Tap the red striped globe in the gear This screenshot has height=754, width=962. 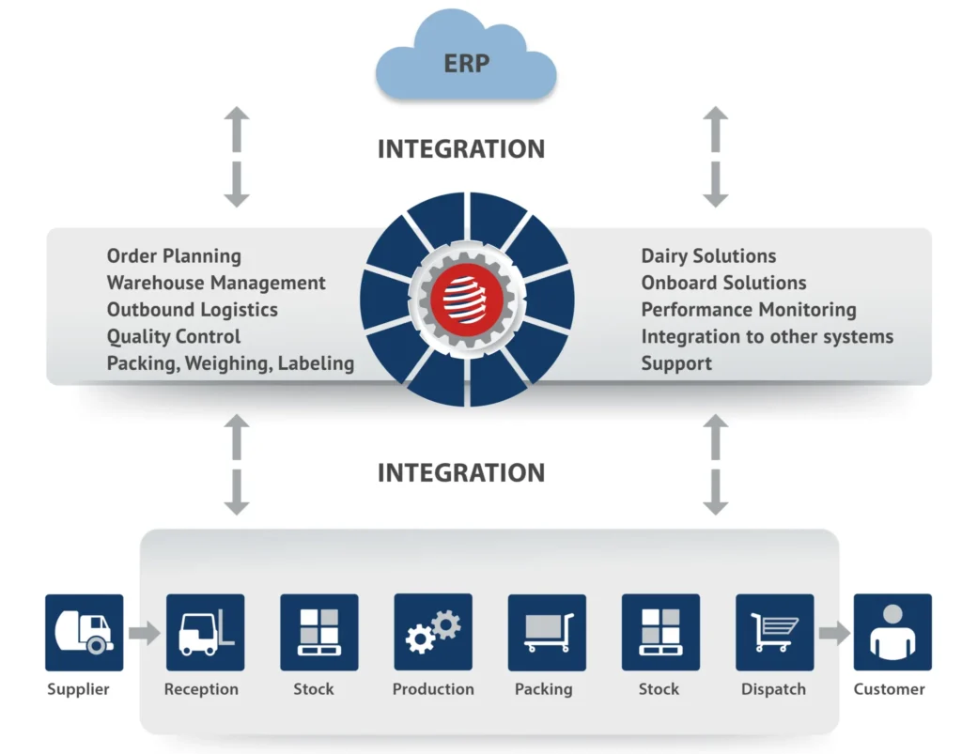click(467, 300)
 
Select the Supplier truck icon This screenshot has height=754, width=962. click(84, 632)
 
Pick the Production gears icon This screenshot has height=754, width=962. click(433, 631)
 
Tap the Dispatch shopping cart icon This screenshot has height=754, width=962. click(774, 632)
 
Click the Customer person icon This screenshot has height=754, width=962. click(892, 632)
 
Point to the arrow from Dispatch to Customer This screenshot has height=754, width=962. click(833, 633)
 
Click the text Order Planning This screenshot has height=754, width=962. click(174, 255)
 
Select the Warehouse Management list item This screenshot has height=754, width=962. click(216, 283)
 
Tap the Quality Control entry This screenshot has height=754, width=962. click(174, 336)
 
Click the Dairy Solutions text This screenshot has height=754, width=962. click(708, 255)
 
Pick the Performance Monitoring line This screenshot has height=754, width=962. click(749, 309)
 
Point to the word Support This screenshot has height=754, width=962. click(676, 363)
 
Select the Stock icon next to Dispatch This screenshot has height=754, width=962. click(660, 632)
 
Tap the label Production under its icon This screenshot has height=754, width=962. click(433, 689)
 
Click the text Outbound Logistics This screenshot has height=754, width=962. click(193, 309)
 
